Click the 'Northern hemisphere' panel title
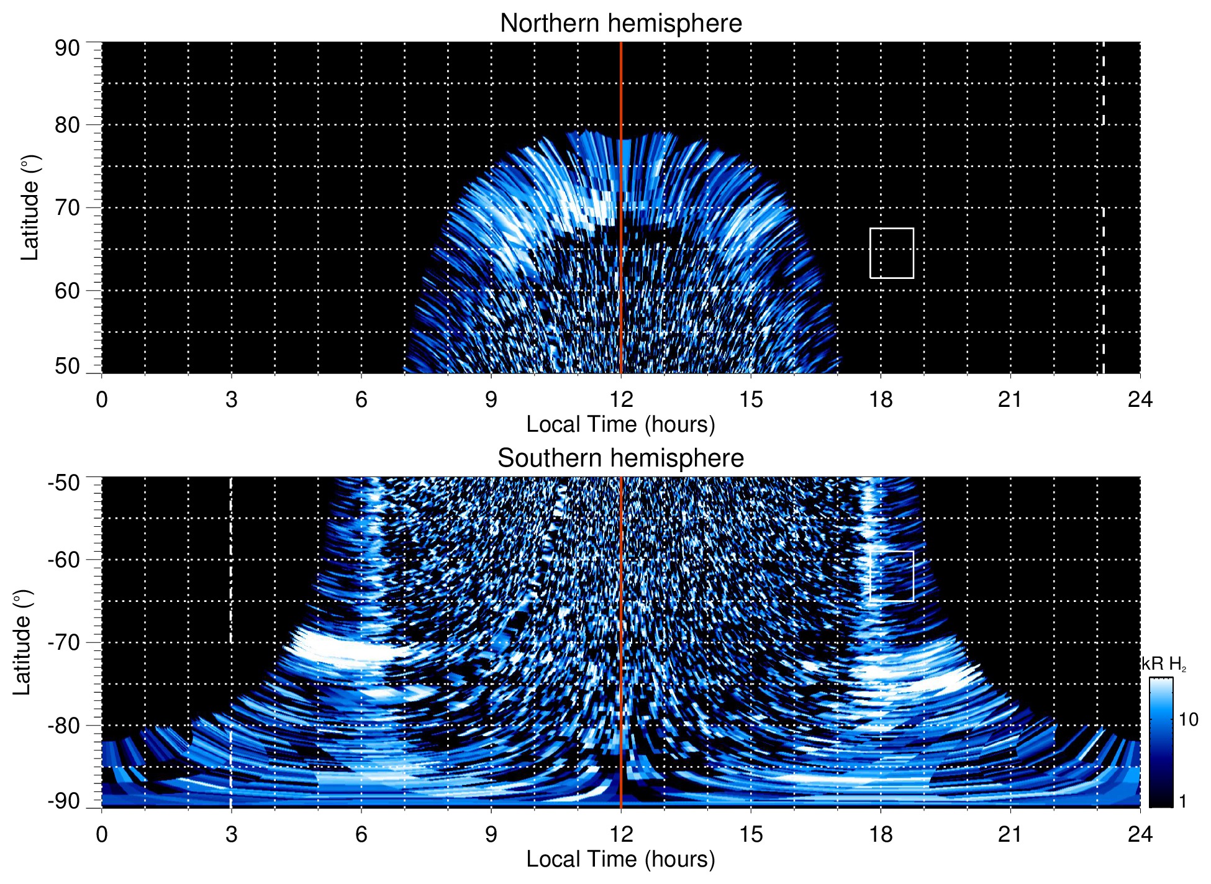pos(620,24)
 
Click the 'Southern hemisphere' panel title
pos(620,458)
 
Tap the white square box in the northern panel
pos(891,253)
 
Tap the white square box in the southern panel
pos(891,576)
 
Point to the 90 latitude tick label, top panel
pos(67,48)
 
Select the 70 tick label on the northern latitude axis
pos(67,207)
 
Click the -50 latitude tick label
pos(63,483)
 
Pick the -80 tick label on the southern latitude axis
pos(63,725)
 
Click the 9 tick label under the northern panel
pos(491,399)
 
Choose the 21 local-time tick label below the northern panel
pos(1010,399)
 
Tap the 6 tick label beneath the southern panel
pos(361,834)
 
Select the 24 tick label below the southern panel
pos(1140,834)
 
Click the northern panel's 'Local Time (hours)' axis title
pos(620,424)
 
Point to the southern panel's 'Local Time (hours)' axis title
pos(620,859)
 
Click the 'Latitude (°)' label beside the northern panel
pos(30,207)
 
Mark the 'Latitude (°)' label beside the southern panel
pos(22,642)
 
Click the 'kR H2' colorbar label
pos(1164,664)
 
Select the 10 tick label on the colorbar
pos(1188,719)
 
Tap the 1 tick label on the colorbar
pos(1182,801)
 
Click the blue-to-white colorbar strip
pos(1160,742)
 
